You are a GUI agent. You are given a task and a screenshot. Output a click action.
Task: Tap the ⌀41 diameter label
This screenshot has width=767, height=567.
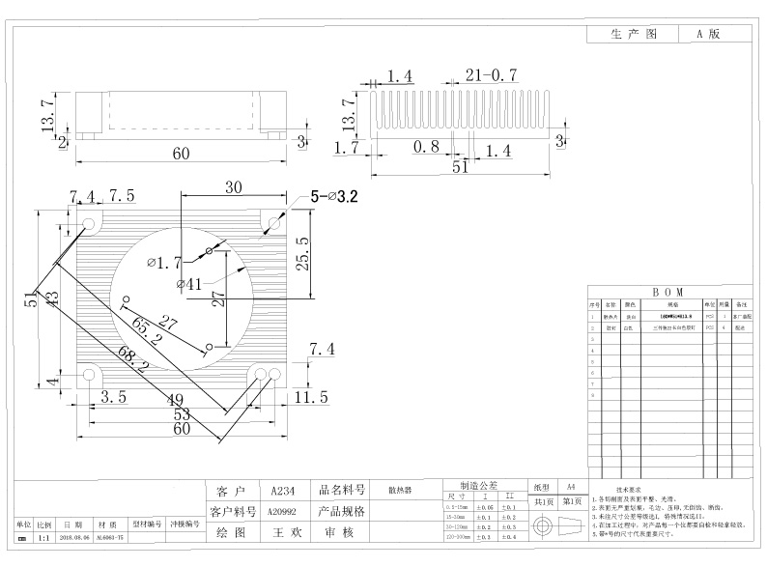[188, 283]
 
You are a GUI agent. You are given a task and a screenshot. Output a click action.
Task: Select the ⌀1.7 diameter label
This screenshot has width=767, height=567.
[164, 262]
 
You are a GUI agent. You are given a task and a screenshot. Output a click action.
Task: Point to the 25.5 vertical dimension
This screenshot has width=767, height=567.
[302, 255]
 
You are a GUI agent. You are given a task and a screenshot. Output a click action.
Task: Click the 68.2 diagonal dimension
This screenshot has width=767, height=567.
[132, 359]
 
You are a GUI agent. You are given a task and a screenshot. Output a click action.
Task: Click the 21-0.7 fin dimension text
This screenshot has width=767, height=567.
[492, 75]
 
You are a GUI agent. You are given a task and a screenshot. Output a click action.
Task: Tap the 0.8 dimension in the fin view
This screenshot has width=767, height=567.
[426, 147]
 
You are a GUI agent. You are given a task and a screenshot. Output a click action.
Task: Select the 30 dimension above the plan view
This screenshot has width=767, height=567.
[233, 186]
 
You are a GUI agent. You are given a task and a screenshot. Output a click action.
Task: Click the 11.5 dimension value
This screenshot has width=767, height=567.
[311, 396]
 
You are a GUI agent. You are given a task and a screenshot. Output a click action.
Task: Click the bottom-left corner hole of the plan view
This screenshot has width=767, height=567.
[92, 375]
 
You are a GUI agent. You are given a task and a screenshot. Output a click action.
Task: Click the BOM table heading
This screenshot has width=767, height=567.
[668, 291]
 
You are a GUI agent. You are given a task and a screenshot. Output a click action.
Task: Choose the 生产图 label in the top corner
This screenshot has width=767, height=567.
[634, 33]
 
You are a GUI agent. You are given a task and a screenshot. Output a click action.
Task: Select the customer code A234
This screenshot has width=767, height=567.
[283, 490]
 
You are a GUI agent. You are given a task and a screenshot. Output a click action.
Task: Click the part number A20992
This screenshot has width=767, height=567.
[283, 511]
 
